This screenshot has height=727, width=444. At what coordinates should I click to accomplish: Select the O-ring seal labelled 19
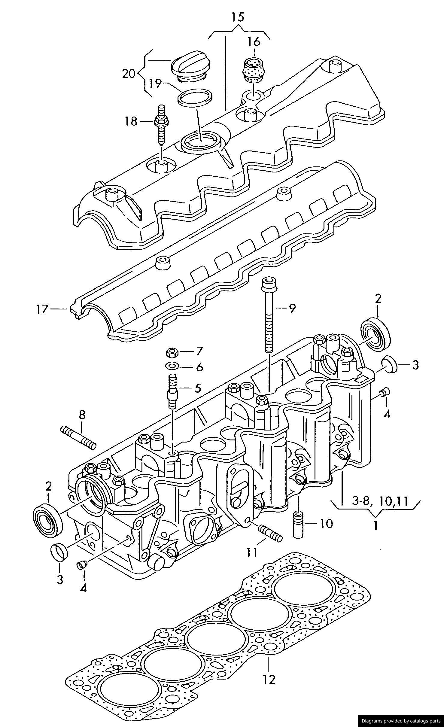coord(195,97)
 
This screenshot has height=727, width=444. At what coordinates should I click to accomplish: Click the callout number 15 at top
coord(238,17)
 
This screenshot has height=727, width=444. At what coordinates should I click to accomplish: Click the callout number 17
coord(42,309)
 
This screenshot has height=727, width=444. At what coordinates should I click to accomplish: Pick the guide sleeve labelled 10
coord(298,524)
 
